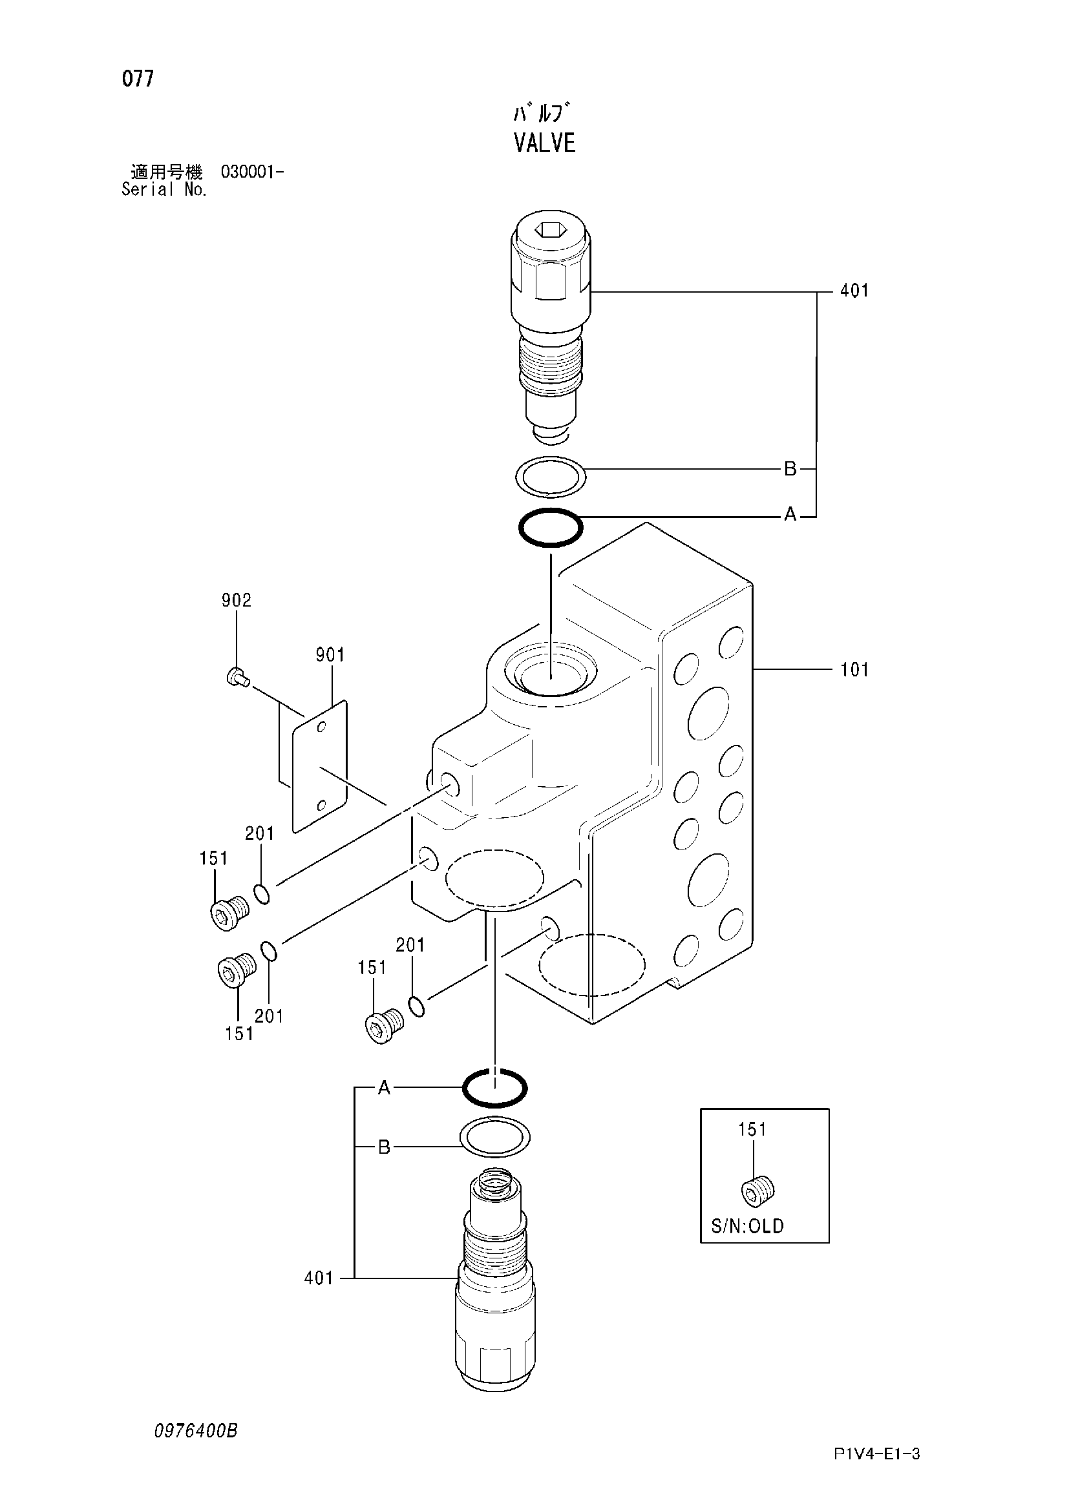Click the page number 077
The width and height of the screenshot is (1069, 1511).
pos(138,79)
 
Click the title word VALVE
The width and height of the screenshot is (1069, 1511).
pos(544,143)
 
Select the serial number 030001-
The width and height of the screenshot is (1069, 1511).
pos(252,172)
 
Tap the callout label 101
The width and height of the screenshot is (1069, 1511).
pos(854,670)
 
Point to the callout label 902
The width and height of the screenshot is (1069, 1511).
pos(237,600)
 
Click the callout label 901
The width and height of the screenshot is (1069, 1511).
pos(330,655)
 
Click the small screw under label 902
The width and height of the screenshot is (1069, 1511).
pos(237,677)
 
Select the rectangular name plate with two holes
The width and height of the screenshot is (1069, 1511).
pos(319,767)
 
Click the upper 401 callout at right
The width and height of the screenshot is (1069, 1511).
pos(854,290)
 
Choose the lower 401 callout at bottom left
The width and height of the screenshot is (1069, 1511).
pos(319,1278)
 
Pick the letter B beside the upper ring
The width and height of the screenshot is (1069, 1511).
pos(790,469)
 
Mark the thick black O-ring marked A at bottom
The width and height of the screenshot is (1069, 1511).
pos(495,1070)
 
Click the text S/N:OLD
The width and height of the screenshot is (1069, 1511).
pos(747,1226)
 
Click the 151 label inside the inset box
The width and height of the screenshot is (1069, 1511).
pos(752,1130)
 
